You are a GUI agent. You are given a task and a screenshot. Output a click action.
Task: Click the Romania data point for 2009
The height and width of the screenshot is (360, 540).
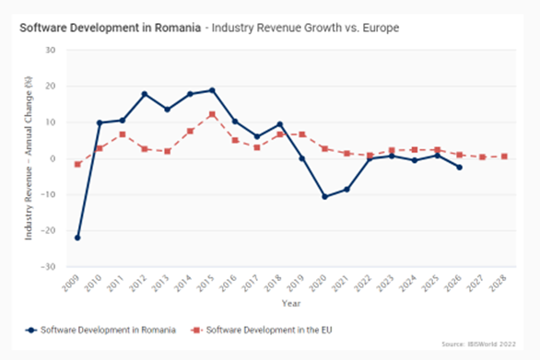pyautogui.click(x=77, y=238)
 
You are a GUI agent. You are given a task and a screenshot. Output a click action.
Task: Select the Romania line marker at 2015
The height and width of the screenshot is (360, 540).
pyautogui.click(x=212, y=90)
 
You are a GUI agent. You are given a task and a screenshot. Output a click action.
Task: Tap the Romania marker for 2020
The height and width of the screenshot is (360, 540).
pyautogui.click(x=324, y=196)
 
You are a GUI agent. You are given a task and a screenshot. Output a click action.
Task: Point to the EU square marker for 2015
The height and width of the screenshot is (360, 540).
pyautogui.click(x=212, y=114)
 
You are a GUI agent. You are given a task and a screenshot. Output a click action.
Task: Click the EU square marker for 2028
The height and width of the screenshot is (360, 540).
pyautogui.click(x=504, y=157)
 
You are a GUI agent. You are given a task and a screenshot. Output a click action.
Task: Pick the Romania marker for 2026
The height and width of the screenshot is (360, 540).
pyautogui.click(x=459, y=168)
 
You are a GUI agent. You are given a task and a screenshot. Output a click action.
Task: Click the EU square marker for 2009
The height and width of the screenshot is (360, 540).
pyautogui.click(x=77, y=165)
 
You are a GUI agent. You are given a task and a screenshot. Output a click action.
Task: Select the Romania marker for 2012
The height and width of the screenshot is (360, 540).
pyautogui.click(x=145, y=94)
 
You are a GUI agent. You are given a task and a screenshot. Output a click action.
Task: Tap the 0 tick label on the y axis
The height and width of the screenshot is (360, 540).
pyautogui.click(x=53, y=158)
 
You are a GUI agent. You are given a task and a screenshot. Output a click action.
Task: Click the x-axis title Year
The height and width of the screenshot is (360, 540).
pyautogui.click(x=290, y=302)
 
